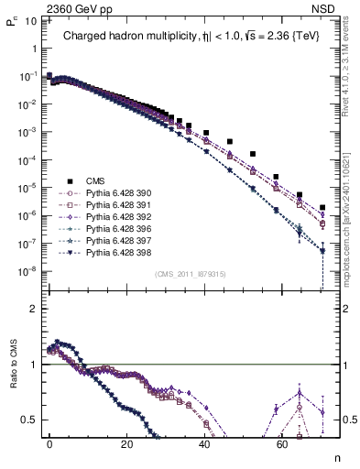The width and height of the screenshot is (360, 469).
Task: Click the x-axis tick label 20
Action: (127, 443)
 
